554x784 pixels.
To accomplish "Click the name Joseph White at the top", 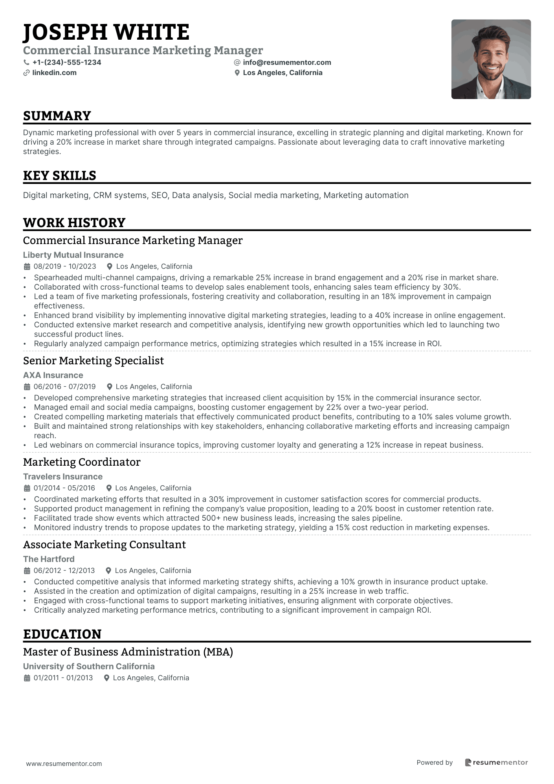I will point(106,32).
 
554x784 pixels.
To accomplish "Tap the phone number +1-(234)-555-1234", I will point(67,62).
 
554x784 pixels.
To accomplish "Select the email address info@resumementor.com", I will point(287,62).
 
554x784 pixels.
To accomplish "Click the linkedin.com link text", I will point(54,73).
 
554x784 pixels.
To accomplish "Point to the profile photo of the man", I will point(491,59).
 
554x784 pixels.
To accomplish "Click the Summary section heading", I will point(57,116).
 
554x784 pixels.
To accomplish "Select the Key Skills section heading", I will point(59,176).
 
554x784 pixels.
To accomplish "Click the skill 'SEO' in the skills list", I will point(159,195).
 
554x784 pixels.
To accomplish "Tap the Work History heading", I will point(74,223).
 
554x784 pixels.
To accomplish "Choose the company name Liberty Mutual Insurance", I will point(73,255).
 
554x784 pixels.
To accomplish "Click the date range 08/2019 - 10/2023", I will point(65,266).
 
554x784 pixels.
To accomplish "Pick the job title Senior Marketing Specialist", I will point(94,361).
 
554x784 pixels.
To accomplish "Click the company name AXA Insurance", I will point(53,375).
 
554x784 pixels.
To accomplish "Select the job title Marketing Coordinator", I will point(82,462).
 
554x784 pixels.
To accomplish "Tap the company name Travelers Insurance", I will point(63,477).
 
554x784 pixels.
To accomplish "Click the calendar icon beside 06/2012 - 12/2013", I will point(27,571).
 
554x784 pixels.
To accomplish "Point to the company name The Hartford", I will point(49,559).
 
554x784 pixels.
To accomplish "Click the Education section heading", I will point(62,634).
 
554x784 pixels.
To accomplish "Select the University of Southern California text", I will point(89,666).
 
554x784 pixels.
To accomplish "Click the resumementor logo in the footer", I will point(496,762).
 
